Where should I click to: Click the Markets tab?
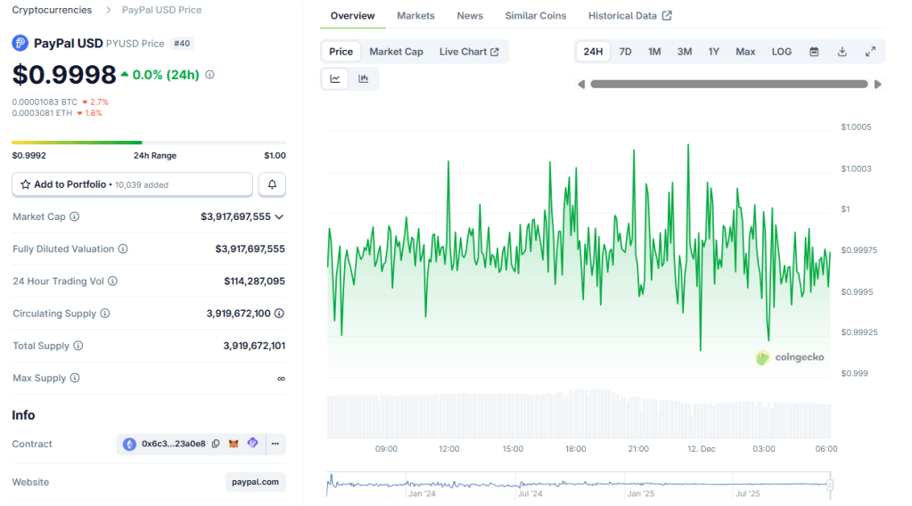pos(415,16)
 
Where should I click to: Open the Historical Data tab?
pos(629,16)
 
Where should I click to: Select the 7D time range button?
pos(625,52)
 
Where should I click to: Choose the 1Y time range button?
pos(713,52)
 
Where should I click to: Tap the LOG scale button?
pos(781,52)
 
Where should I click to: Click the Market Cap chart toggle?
pos(396,52)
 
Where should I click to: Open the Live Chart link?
pos(468,52)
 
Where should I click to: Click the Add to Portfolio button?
pos(132,184)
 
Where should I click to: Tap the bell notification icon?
pos(272,184)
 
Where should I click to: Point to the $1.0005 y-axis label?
pos(856,127)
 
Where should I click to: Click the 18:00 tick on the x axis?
pos(576,449)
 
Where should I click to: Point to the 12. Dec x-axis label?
pos(701,449)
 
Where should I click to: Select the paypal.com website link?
pos(255,482)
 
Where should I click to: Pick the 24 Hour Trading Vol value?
pos(254,282)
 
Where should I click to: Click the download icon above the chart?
pos(842,52)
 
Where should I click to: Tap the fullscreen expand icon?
pos(870,52)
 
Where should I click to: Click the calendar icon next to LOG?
pos(813,52)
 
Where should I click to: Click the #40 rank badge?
pos(181,44)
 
